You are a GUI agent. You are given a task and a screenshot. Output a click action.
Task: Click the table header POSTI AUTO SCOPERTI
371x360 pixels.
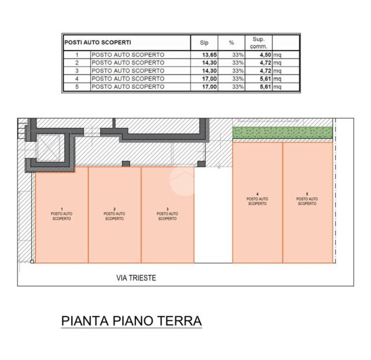pos(98,42)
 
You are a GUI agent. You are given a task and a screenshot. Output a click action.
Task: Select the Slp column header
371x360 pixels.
pos(204,43)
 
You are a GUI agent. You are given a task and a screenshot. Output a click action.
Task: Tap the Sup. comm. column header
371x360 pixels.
pos(259,43)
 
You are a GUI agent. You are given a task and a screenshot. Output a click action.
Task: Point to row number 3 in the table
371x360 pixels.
pos(76,71)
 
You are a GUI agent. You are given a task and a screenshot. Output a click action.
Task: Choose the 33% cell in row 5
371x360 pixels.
pos(238,87)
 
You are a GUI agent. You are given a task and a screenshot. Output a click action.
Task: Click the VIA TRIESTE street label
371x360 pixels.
pos(136,278)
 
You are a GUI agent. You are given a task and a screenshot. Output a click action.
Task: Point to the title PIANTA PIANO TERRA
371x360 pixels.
pos(132,321)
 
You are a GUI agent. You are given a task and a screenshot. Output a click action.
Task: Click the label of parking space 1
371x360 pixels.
pos(62,213)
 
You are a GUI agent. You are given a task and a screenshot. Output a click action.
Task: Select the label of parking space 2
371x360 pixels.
pos(114,213)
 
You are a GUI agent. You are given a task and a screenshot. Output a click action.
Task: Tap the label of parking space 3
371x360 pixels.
pos(167,213)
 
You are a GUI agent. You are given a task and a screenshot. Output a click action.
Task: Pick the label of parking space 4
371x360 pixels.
pos(257,199)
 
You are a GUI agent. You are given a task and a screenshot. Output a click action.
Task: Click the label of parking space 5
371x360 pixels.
pos(307,199)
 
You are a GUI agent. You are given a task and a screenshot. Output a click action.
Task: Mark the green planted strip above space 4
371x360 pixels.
pos(283,133)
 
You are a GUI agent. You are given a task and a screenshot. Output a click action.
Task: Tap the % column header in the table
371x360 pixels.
pos(231,43)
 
